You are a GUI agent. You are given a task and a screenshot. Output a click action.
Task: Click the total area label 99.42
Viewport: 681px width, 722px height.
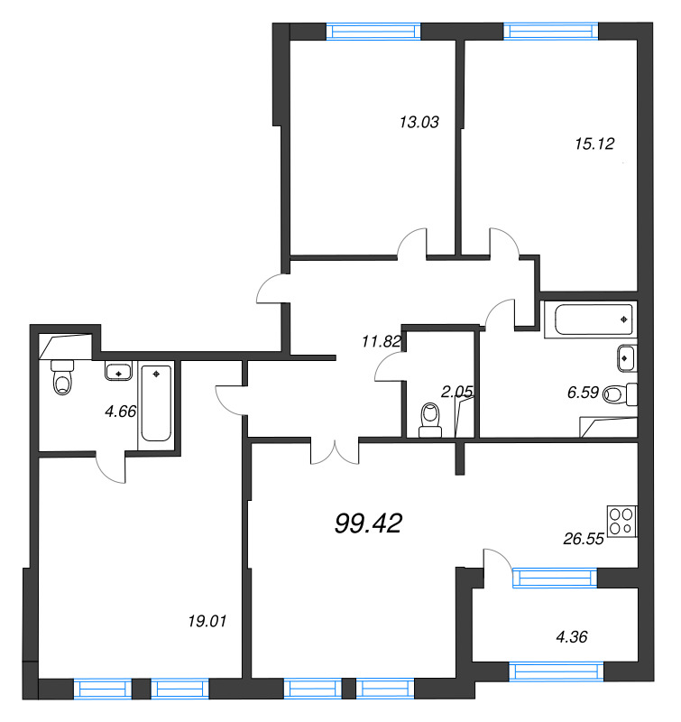click(369, 523)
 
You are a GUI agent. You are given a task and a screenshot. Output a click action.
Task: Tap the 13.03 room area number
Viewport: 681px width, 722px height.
click(419, 122)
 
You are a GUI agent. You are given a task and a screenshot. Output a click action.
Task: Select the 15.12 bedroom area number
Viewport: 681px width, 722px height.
click(594, 143)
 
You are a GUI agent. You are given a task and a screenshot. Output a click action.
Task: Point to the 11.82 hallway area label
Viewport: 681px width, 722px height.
click(382, 342)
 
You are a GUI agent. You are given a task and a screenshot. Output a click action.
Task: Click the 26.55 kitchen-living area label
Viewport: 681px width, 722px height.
click(584, 539)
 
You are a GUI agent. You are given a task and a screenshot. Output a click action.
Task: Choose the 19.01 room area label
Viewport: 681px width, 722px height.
click(207, 621)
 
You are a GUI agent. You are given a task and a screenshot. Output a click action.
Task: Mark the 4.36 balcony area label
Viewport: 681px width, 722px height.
click(572, 637)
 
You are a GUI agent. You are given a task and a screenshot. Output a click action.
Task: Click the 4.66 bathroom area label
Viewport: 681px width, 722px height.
click(121, 412)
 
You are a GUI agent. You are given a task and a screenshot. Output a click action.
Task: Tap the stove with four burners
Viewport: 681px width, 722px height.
click(622, 522)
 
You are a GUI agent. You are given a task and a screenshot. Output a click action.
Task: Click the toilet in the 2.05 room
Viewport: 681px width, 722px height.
click(430, 420)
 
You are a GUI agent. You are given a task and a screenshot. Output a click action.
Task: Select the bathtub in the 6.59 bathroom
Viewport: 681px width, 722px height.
click(594, 319)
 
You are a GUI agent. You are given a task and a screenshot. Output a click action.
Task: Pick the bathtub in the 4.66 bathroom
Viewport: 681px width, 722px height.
click(156, 403)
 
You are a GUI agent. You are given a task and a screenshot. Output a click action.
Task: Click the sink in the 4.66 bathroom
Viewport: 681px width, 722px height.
click(119, 370)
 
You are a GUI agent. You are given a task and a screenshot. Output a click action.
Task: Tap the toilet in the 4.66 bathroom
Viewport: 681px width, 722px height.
click(62, 377)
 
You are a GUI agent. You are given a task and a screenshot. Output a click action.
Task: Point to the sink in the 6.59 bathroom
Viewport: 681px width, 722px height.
click(627, 357)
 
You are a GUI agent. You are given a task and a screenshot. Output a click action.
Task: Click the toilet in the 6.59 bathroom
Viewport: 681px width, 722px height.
click(620, 394)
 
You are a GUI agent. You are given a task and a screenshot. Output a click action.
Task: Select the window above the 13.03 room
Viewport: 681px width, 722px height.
click(373, 32)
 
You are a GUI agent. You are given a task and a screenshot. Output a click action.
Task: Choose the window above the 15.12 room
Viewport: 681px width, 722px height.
click(551, 31)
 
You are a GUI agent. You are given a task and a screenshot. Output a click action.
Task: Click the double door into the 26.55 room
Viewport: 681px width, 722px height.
click(335, 451)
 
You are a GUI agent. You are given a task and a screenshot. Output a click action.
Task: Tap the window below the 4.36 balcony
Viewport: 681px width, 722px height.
click(557, 671)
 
